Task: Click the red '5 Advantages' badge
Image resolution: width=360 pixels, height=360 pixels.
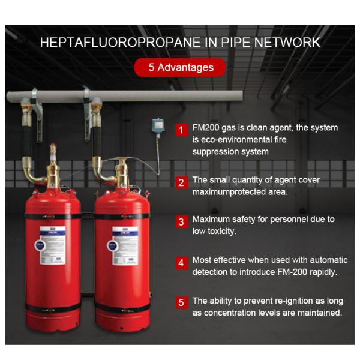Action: (181, 67)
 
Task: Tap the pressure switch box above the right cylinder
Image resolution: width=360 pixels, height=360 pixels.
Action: (157, 126)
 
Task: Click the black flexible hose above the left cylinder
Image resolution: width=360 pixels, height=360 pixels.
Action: (26, 136)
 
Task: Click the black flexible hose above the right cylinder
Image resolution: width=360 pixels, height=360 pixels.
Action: (96, 136)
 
